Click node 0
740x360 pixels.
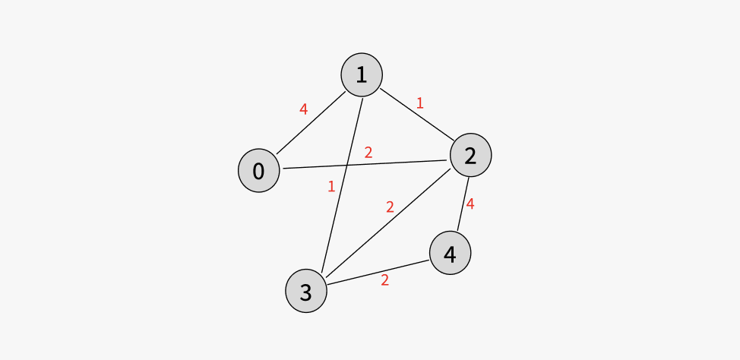258,170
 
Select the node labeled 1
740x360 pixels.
362,74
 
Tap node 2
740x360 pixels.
470,155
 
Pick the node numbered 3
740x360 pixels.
306,291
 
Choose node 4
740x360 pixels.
451,253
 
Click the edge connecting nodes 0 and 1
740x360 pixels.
311,123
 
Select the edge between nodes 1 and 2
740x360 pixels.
417,115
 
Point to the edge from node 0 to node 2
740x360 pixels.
365,164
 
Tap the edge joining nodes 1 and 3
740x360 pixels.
342,185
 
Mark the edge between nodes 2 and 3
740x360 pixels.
388,223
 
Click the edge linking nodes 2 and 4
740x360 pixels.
463,204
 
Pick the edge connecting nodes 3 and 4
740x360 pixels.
378,272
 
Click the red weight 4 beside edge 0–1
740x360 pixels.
303,109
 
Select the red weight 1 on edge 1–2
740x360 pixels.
419,103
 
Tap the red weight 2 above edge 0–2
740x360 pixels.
368,152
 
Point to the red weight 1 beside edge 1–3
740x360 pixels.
331,187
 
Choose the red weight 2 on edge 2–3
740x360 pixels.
390,207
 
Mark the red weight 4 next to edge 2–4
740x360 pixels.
470,204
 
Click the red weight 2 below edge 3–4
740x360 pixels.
384,280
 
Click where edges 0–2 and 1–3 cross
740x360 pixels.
347,165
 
